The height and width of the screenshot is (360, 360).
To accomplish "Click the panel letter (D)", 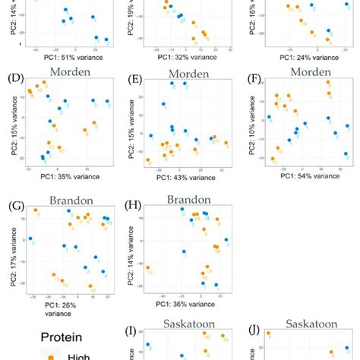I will click(14, 79).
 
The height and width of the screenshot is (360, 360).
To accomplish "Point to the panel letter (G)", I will click(14, 204).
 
